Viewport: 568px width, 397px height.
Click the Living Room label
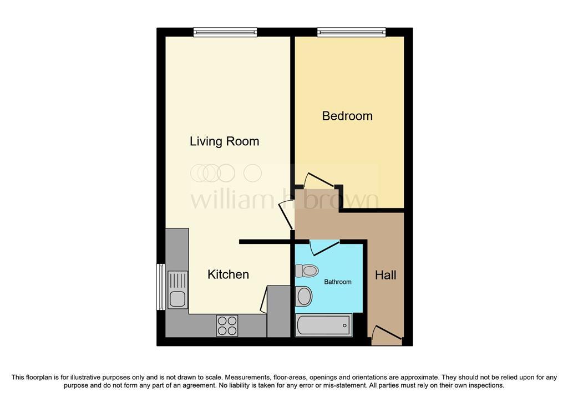pos(224,141)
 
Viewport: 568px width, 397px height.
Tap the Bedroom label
pos(347,116)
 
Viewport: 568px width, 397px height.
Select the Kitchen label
pos(228,274)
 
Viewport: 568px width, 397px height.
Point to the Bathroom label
pos(338,282)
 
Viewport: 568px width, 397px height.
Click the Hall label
pos(386,275)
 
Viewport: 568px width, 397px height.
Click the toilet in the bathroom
pos(306,270)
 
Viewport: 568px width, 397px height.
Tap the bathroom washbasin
pos(303,296)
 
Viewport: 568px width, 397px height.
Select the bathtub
pos(324,325)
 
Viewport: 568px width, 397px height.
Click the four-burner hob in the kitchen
pos(227,325)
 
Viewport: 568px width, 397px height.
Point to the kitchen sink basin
pos(177,299)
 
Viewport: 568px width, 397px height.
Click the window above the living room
pos(225,32)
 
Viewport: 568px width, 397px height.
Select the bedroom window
pos(351,32)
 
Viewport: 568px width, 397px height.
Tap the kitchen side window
pos(160,287)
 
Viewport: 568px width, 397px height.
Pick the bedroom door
pos(319,181)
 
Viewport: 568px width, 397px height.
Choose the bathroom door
pos(324,248)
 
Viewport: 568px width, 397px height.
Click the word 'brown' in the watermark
pos(341,198)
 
